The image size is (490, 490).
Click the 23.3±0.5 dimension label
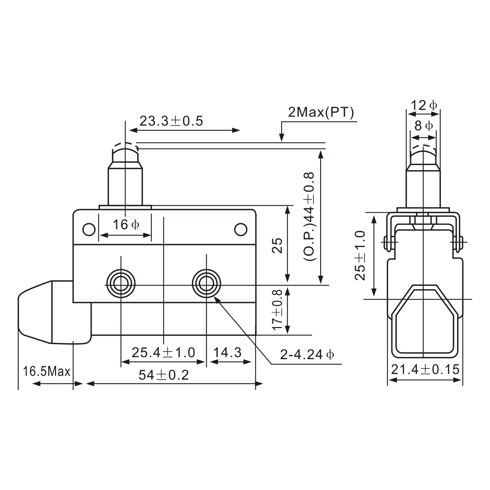coord(171,121)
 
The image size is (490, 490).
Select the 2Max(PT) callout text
coord(321,112)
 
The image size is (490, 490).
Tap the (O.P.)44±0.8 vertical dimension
coord(309,216)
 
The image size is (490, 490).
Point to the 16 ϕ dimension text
coord(126,225)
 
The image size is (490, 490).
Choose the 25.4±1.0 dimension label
coord(163,352)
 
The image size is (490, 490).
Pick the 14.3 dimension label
coord(227,352)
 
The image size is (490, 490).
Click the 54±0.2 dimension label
coord(164,375)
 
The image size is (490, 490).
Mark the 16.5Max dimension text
coord(46,372)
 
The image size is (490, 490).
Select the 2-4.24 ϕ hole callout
coord(307,354)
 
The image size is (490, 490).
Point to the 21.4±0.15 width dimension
coord(425,369)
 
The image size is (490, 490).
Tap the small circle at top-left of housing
coord(89,229)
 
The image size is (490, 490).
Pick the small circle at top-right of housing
coord(241,229)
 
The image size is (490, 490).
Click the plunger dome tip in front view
coord(125,152)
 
